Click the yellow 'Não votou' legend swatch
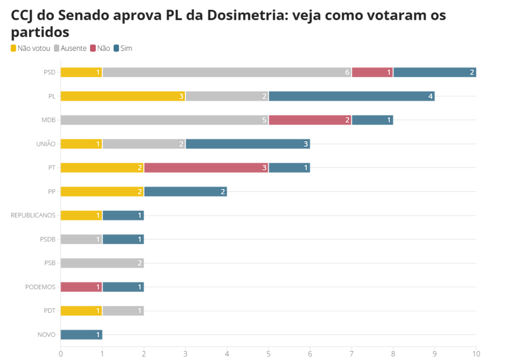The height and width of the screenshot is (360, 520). tap(14, 48)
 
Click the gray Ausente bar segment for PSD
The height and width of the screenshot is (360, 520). tap(226, 72)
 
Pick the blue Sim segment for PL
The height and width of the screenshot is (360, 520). tap(351, 96)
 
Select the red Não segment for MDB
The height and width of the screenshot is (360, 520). tap(310, 120)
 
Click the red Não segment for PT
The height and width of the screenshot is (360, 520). tap(206, 168)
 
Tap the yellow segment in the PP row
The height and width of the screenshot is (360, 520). tap(102, 191)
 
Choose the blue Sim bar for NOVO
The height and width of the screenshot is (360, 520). tap(81, 335)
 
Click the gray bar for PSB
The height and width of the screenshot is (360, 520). tap(102, 263)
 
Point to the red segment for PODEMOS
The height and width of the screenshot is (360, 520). tap(81, 287)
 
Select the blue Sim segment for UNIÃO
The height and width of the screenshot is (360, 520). tap(247, 144)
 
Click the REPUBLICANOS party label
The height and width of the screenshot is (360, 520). tap(33, 215)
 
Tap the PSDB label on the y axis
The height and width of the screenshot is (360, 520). tap(47, 239)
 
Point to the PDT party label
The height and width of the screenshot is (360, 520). tap(49, 311)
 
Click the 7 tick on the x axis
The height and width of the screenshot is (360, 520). tap(351, 353)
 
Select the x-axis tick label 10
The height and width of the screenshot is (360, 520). tap(476, 353)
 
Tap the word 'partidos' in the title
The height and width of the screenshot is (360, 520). tap(40, 32)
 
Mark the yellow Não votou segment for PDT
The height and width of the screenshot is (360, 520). tap(81, 311)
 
